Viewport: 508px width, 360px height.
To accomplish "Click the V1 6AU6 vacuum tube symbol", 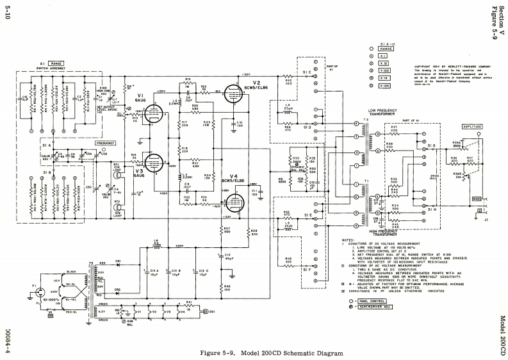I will pos(153,114).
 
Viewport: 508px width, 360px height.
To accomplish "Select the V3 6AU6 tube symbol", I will pos(153,163).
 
